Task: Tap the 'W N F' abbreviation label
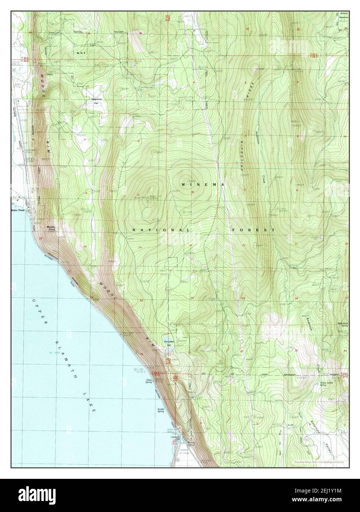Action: (x=81, y=53)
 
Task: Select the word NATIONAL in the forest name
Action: (x=162, y=230)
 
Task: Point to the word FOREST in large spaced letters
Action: (x=253, y=230)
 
